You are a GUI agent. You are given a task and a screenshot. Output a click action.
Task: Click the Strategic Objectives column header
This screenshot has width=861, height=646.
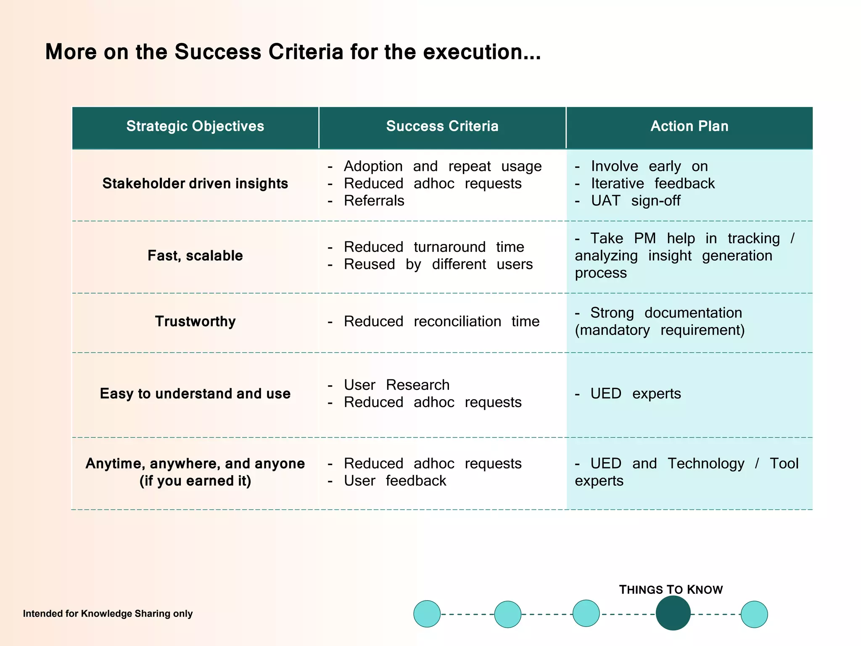click(195, 126)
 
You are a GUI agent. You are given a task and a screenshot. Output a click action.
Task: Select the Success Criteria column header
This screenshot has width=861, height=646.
click(442, 126)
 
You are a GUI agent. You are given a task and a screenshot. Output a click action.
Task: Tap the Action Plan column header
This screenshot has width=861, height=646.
click(689, 126)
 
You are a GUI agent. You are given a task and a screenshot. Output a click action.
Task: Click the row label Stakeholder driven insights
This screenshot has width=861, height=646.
click(195, 183)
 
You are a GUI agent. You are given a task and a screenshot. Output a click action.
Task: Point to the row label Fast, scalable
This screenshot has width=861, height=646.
click(195, 256)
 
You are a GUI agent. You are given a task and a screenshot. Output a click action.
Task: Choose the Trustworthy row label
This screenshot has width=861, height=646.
click(195, 321)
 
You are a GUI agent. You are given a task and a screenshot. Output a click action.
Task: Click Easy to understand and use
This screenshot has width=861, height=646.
click(195, 394)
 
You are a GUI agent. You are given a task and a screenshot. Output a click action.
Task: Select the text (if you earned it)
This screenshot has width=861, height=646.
click(195, 481)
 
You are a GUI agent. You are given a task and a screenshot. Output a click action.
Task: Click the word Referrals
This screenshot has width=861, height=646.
click(374, 201)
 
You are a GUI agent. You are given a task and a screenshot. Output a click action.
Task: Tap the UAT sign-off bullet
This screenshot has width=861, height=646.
click(635, 201)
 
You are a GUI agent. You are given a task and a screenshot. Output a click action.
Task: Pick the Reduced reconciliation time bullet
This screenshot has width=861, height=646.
click(441, 321)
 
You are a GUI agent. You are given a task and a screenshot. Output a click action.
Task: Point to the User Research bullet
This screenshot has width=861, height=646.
click(396, 385)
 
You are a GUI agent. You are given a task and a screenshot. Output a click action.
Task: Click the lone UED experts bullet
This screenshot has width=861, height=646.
click(635, 394)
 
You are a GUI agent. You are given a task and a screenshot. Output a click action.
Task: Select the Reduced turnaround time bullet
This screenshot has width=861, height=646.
click(433, 247)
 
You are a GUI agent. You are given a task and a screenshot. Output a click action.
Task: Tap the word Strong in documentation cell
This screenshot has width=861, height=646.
click(612, 313)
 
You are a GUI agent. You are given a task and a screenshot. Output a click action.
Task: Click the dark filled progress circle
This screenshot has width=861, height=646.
click(673, 614)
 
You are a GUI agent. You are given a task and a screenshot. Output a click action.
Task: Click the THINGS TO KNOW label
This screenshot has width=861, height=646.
click(671, 590)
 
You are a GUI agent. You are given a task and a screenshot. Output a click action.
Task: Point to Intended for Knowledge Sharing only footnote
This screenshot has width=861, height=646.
click(108, 614)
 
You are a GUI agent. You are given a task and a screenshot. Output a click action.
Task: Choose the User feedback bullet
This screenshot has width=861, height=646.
click(395, 481)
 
